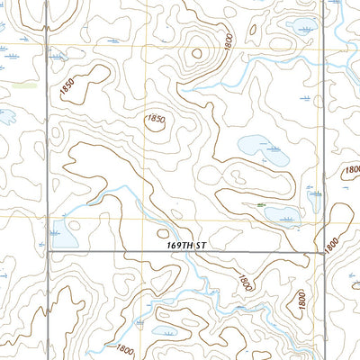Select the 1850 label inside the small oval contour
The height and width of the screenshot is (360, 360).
[x=156, y=119]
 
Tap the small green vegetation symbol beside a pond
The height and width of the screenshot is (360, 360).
[x=261, y=205]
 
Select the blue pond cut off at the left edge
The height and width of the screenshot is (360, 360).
[x=5, y=115]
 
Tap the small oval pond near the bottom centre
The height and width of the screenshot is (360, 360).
[x=167, y=331]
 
